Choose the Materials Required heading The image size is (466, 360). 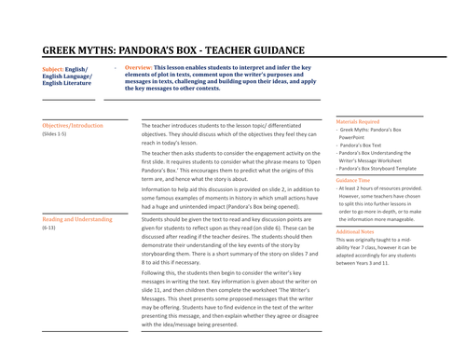coord(357,120)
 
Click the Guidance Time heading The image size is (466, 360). coord(352,179)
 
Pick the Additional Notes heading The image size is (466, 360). coord(355,230)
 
